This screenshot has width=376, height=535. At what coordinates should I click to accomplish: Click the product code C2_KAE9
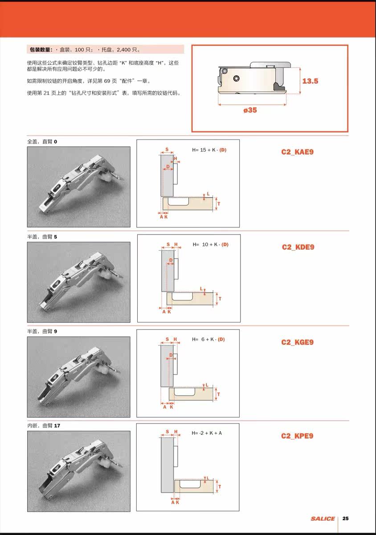(297, 152)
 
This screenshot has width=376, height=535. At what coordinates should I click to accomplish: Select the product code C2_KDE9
(298, 247)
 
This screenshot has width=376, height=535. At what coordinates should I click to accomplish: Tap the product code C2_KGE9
(297, 342)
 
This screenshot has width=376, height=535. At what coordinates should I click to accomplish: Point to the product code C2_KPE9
(297, 436)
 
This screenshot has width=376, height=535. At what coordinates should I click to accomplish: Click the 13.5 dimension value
(310, 81)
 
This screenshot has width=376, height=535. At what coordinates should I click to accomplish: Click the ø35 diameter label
(250, 110)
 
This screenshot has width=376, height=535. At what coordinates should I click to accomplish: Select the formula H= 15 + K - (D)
(209, 150)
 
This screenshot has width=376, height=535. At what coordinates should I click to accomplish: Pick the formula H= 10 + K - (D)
(211, 245)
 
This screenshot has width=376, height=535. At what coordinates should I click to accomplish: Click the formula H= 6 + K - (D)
(208, 339)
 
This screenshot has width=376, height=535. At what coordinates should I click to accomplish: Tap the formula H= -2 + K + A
(207, 433)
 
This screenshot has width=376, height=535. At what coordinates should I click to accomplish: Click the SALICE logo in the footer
(323, 519)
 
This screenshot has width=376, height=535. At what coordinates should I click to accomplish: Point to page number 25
(345, 518)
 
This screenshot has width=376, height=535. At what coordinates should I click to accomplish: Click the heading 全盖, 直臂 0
(42, 142)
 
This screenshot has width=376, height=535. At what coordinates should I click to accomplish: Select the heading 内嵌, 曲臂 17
(44, 426)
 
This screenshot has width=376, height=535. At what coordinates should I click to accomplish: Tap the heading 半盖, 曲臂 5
(42, 237)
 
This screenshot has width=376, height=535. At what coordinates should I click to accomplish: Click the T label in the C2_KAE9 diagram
(219, 204)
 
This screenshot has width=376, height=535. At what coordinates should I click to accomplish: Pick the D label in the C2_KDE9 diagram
(171, 260)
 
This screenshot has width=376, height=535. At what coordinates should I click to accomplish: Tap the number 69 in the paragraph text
(107, 81)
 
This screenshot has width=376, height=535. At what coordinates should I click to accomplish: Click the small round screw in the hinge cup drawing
(237, 78)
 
